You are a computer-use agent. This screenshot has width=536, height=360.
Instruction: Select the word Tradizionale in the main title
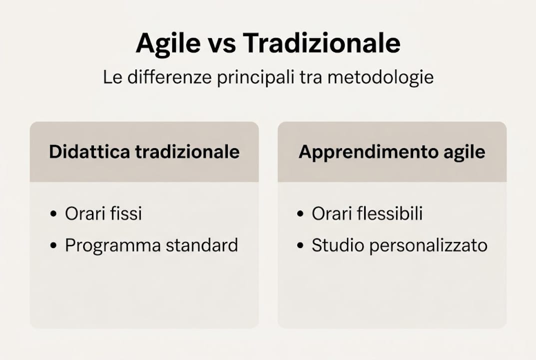click(x=322, y=44)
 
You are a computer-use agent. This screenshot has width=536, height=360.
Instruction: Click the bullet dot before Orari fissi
click(x=53, y=214)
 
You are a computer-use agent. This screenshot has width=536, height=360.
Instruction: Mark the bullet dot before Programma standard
click(x=53, y=246)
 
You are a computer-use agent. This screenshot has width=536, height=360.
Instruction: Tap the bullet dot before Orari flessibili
click(x=300, y=214)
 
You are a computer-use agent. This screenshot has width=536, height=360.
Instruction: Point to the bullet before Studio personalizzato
click(x=300, y=246)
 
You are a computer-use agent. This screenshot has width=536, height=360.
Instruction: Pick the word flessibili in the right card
click(x=389, y=213)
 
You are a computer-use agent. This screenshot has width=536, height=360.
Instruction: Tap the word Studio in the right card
click(x=333, y=245)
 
